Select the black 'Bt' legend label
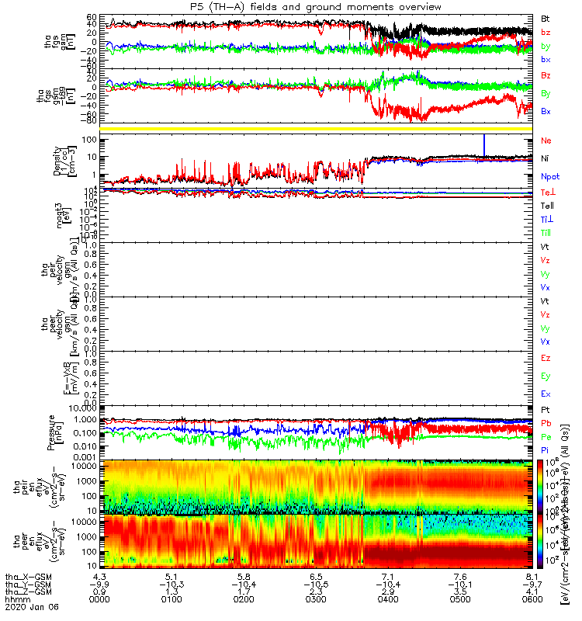(x=546, y=18)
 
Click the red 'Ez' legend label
(x=546, y=359)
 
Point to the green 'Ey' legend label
(x=546, y=376)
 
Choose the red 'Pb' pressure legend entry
(x=546, y=424)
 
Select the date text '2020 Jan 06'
(x=31, y=606)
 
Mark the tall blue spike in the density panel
(x=484, y=145)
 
